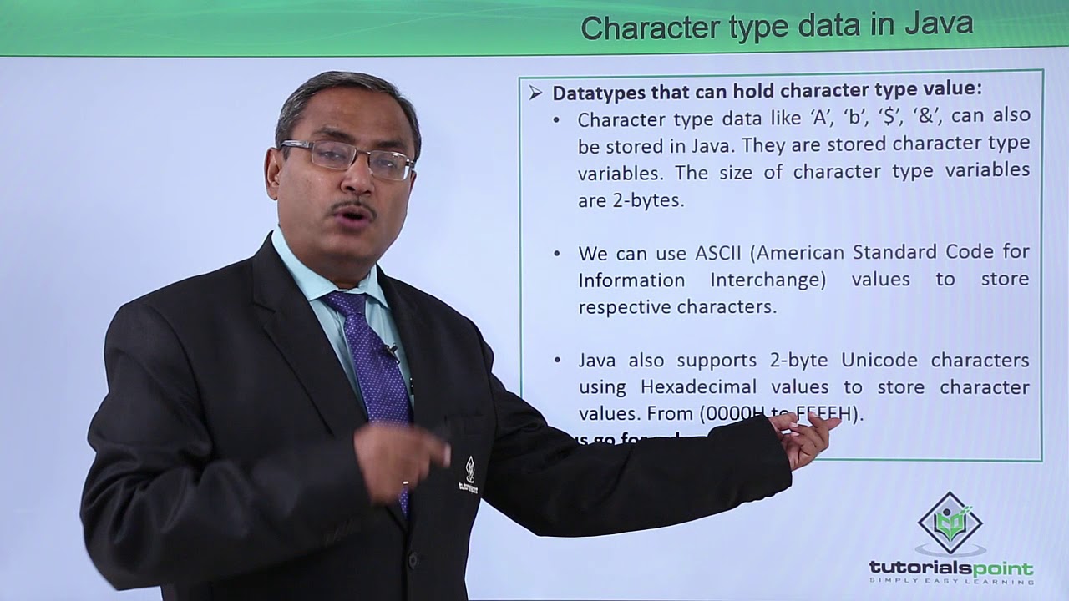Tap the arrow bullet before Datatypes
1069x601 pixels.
(x=535, y=93)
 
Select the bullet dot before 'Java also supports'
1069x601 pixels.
(x=557, y=361)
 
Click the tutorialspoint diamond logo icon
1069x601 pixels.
(x=950, y=523)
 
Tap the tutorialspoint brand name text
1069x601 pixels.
(x=950, y=568)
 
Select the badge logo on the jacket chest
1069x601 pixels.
(x=469, y=475)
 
